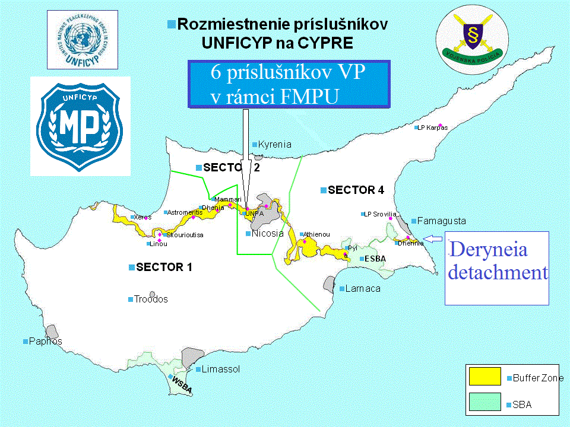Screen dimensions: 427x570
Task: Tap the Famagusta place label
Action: pyautogui.click(x=441, y=221)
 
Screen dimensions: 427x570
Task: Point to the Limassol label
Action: pyautogui.click(x=220, y=369)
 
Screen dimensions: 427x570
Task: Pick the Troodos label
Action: pyautogui.click(x=151, y=299)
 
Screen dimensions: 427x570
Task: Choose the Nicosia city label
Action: pyautogui.click(x=267, y=233)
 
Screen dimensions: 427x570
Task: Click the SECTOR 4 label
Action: pyautogui.click(x=356, y=190)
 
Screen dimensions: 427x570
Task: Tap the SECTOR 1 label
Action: pyautogui.click(x=164, y=267)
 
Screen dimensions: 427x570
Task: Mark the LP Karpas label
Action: pyautogui.click(x=432, y=128)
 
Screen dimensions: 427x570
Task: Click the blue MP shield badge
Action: pyautogui.click(x=80, y=126)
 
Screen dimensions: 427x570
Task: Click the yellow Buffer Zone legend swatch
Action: pyautogui.click(x=486, y=377)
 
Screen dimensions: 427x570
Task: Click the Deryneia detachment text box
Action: pyautogui.click(x=497, y=268)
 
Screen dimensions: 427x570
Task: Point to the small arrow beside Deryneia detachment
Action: pyautogui.click(x=435, y=239)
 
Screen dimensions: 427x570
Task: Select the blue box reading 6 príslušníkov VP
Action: pyautogui.click(x=288, y=84)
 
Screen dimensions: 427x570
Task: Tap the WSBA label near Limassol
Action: pyautogui.click(x=182, y=381)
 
